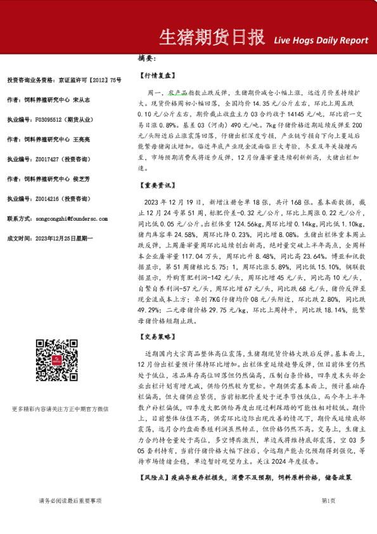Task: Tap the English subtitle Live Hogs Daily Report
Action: (x=321, y=41)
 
